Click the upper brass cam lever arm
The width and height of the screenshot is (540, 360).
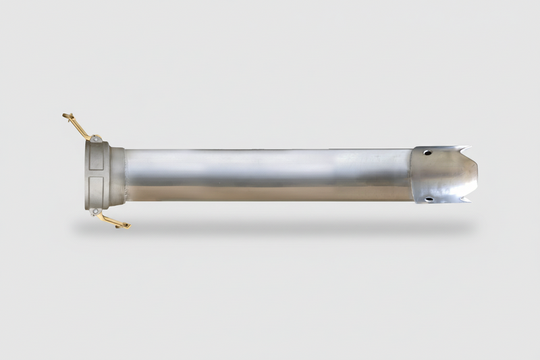78,126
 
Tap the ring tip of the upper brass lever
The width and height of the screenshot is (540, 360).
66,117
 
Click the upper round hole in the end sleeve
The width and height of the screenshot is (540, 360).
427,153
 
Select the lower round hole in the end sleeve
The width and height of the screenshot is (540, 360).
428,199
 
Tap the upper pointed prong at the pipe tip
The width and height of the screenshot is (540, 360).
468,148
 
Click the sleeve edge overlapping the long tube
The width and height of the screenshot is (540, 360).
412,175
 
